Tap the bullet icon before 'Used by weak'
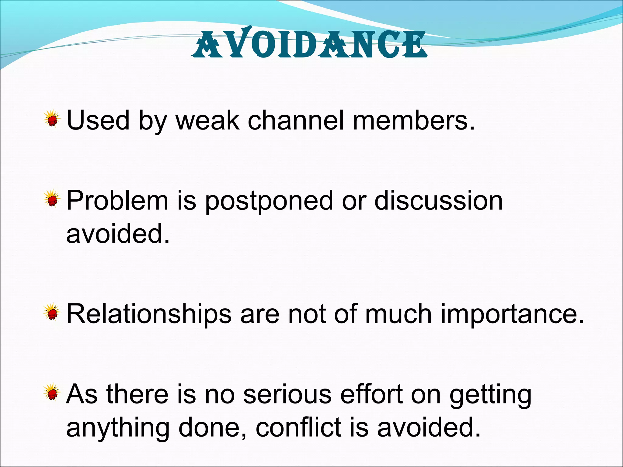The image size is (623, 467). pyautogui.click(x=52, y=119)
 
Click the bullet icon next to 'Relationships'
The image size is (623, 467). pyautogui.click(x=52, y=313)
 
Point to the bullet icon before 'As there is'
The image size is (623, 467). pyautogui.click(x=52, y=393)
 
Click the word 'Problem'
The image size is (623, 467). pyautogui.click(x=117, y=201)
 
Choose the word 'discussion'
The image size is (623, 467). pyautogui.click(x=438, y=201)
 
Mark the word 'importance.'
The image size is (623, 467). pyautogui.click(x=512, y=315)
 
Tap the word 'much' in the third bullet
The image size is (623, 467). pyautogui.click(x=398, y=314)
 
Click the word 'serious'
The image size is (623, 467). pyautogui.click(x=287, y=394)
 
